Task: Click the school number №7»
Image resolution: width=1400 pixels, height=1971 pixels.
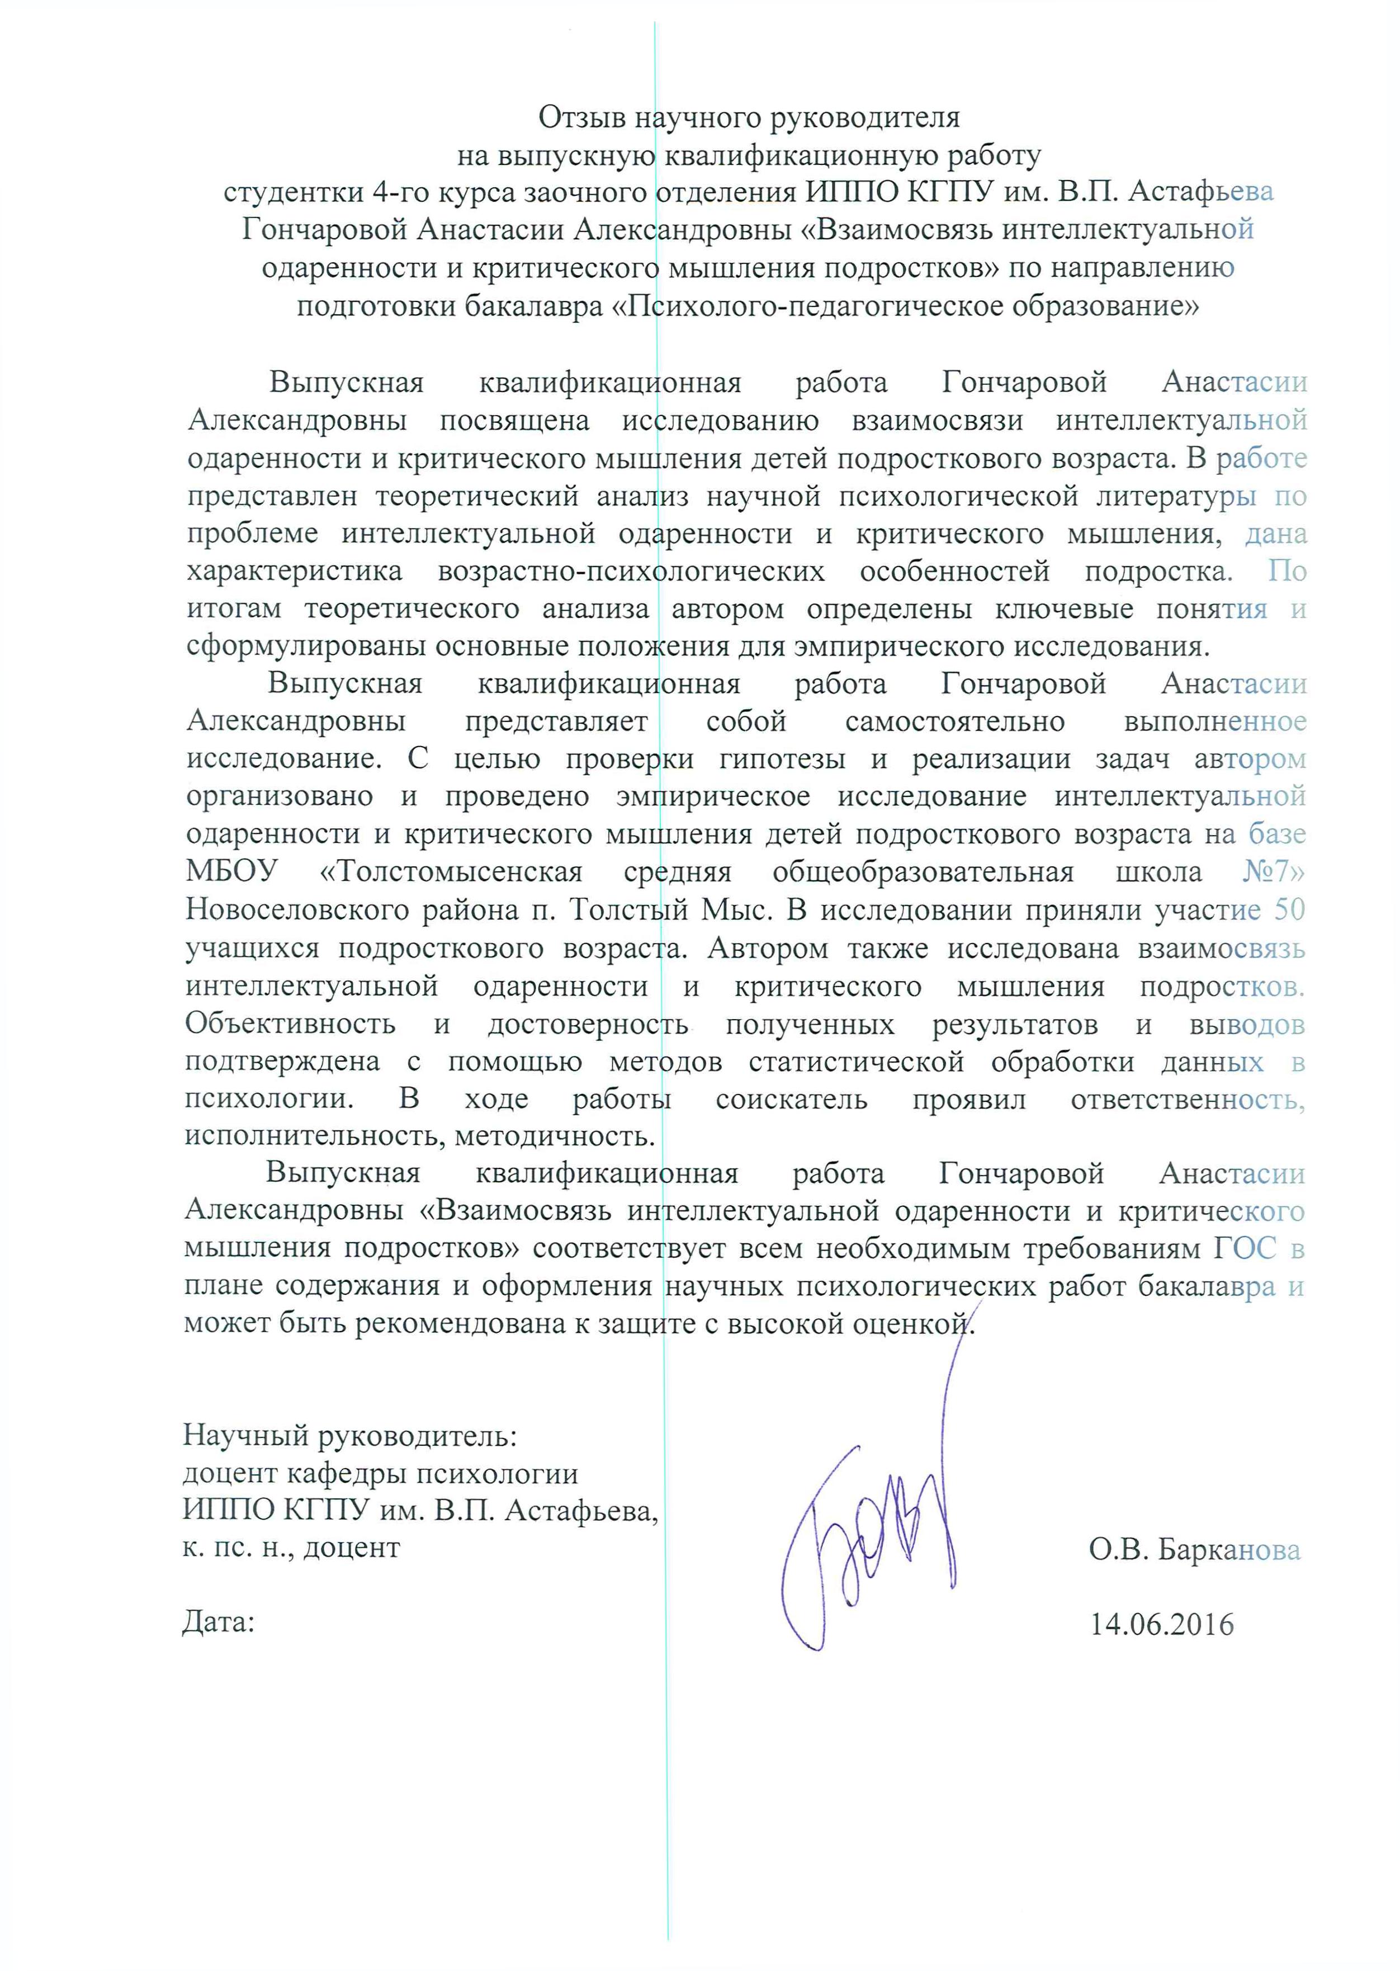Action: pyautogui.click(x=1273, y=872)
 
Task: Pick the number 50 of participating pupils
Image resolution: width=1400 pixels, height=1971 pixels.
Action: pyautogui.click(x=1290, y=909)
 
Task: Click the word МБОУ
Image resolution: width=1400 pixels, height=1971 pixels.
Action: pyautogui.click(x=232, y=872)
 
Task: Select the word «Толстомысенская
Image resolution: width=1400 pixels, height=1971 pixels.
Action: pyautogui.click(x=451, y=872)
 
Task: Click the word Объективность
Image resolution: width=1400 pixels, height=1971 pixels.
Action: pyautogui.click(x=291, y=1024)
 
